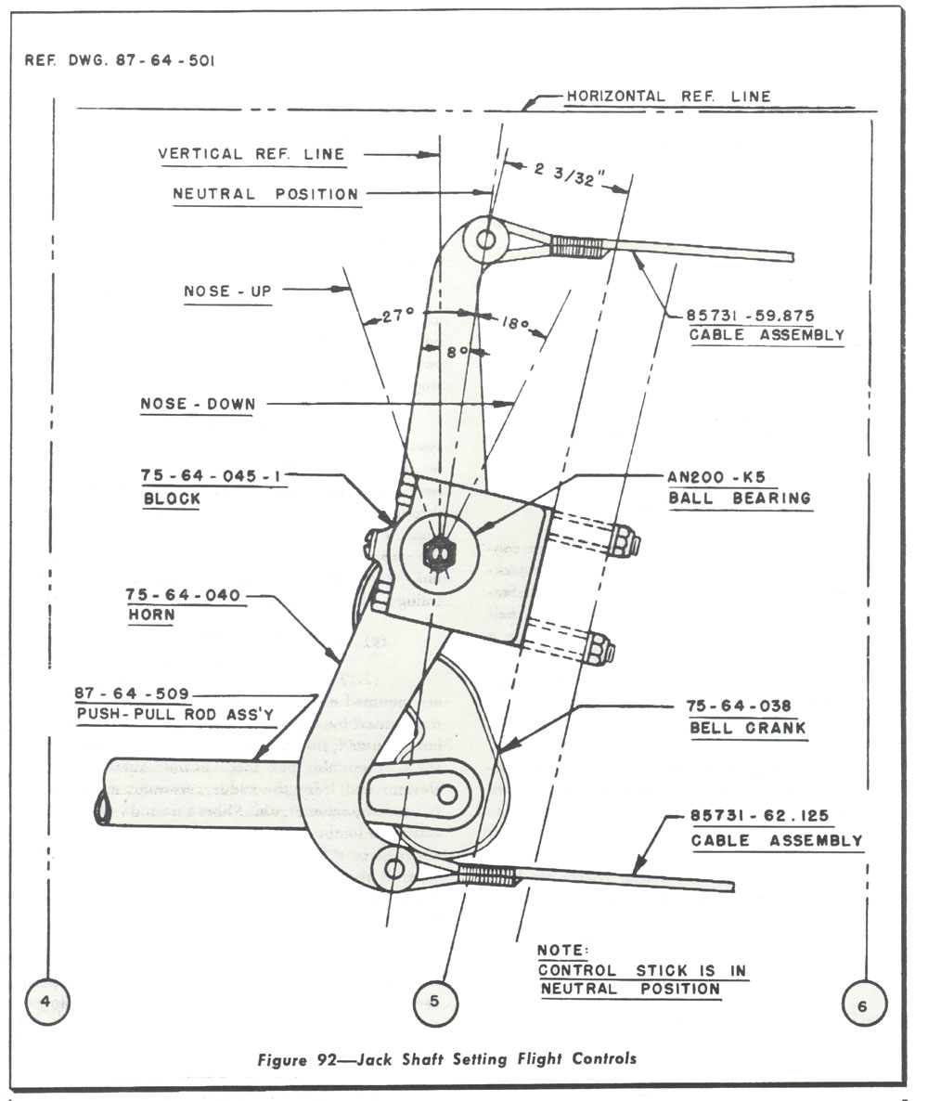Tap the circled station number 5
point(435,1001)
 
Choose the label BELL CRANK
point(747,729)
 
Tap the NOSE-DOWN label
point(197,404)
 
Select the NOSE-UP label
point(227,291)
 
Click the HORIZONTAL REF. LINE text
point(668,96)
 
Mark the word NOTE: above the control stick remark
point(563,950)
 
